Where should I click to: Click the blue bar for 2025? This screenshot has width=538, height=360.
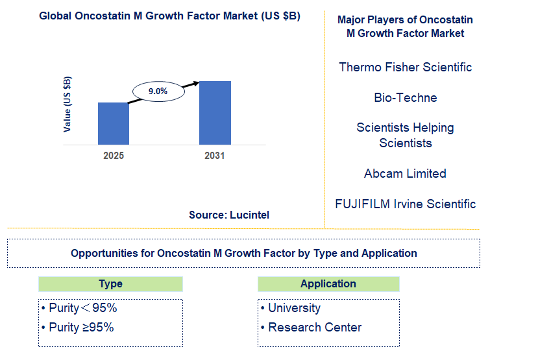(x=113, y=123)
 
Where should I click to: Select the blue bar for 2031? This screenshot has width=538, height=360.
(x=215, y=113)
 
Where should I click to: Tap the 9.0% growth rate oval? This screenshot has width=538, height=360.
(x=158, y=91)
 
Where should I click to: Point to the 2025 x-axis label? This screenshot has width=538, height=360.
(x=113, y=156)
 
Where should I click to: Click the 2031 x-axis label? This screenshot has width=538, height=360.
(x=215, y=156)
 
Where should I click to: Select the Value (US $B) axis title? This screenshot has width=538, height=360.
(x=67, y=104)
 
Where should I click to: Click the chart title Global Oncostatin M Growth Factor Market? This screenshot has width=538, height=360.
(x=169, y=16)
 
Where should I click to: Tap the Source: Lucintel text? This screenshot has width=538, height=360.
(x=229, y=215)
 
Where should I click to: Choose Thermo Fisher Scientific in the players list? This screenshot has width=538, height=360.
(x=405, y=67)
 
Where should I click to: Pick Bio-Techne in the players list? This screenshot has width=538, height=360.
(x=405, y=98)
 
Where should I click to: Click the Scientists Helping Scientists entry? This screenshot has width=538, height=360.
(x=405, y=135)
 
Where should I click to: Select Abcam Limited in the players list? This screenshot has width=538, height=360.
(x=405, y=173)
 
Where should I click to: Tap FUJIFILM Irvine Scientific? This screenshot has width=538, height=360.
(x=405, y=204)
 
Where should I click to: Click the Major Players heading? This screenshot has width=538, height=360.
(x=405, y=27)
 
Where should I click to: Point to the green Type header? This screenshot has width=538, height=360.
(x=110, y=284)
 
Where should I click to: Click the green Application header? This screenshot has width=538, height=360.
(x=328, y=284)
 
